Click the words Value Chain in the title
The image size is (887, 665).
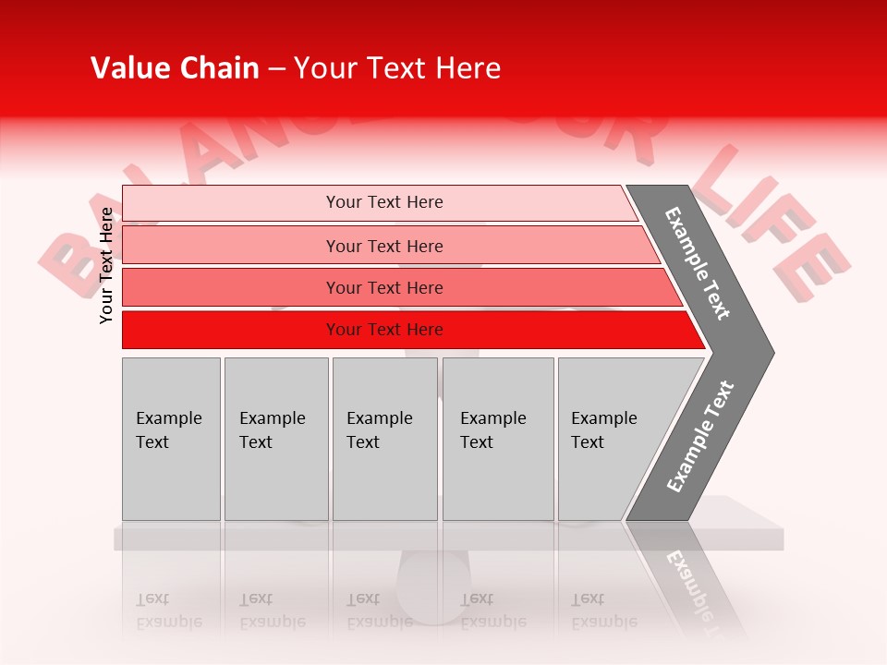[175, 68]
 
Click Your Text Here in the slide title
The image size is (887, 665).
[397, 68]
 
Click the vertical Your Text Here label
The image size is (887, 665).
[106, 265]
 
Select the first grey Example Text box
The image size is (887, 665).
[171, 438]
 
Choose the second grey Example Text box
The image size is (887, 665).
[275, 438]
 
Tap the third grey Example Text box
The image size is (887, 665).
[383, 438]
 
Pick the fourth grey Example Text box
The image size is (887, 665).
[497, 438]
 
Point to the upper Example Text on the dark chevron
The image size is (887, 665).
[698, 262]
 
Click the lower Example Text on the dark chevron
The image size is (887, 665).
[699, 437]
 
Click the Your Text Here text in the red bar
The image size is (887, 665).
[384, 330]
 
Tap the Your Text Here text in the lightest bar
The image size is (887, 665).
[384, 202]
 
